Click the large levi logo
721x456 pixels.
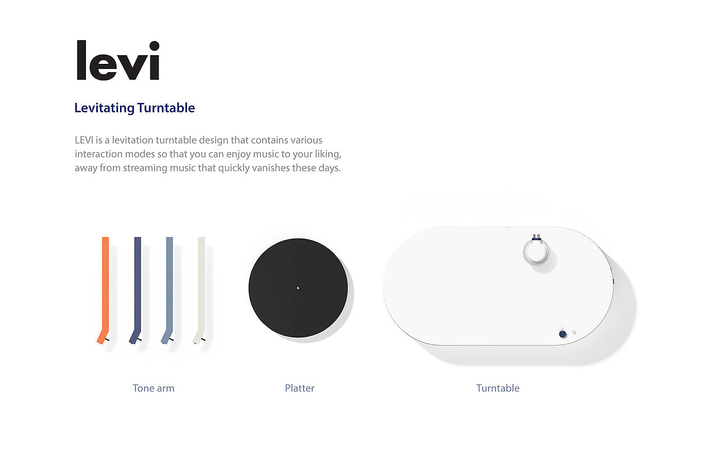pos(118,60)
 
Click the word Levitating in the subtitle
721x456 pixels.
pos(104,108)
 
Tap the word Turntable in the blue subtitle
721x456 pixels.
pos(166,108)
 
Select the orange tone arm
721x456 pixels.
pos(105,290)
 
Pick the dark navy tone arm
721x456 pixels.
pos(137,290)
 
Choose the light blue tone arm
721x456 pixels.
pos(169,290)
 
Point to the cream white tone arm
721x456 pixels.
pos(200,290)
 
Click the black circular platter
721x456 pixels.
pos(298,288)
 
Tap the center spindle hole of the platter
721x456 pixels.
pos(298,288)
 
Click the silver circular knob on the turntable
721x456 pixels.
pos(536,251)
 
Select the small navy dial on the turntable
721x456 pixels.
pos(562,334)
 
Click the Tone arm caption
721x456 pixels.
pos(153,388)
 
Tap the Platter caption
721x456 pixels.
pos(300,388)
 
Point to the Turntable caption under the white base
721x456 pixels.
pos(498,388)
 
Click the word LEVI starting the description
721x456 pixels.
pos(84,140)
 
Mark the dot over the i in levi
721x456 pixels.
pos(154,46)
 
